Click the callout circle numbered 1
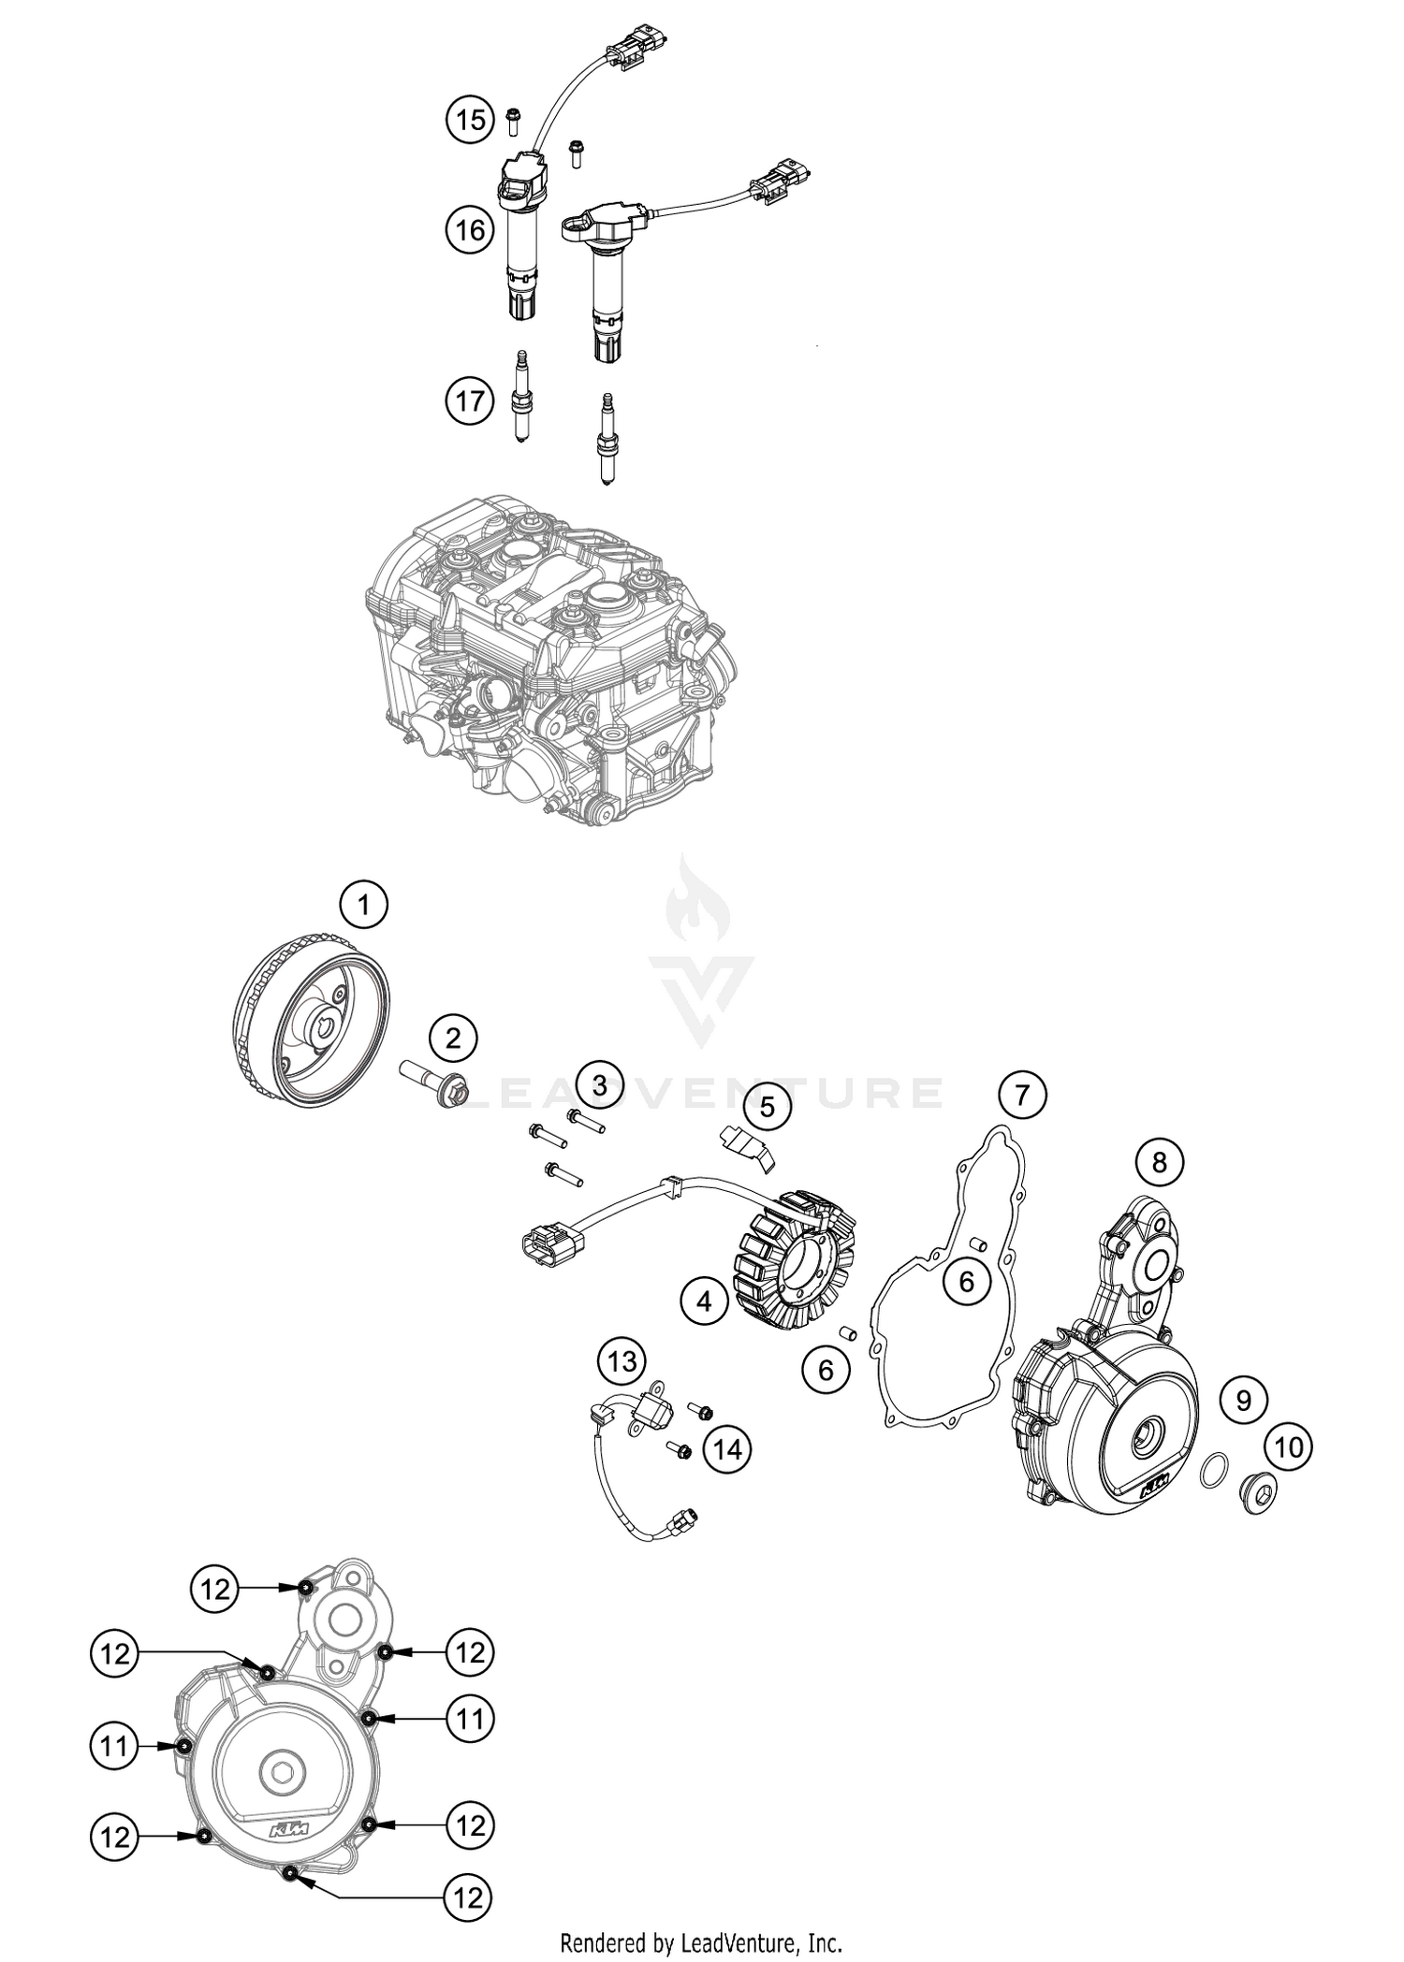pos(364,905)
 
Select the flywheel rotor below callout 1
pos(310,1019)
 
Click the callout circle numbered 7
pos(1022,1094)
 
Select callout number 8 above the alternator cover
pos(1160,1162)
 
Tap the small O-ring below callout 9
pos(1213,1470)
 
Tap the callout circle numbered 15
pos(469,119)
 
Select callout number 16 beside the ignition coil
pos(469,228)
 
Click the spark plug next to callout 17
pos(519,399)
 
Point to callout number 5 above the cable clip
pos(768,1108)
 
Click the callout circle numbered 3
pos(599,1085)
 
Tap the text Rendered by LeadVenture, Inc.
pos(702,1942)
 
